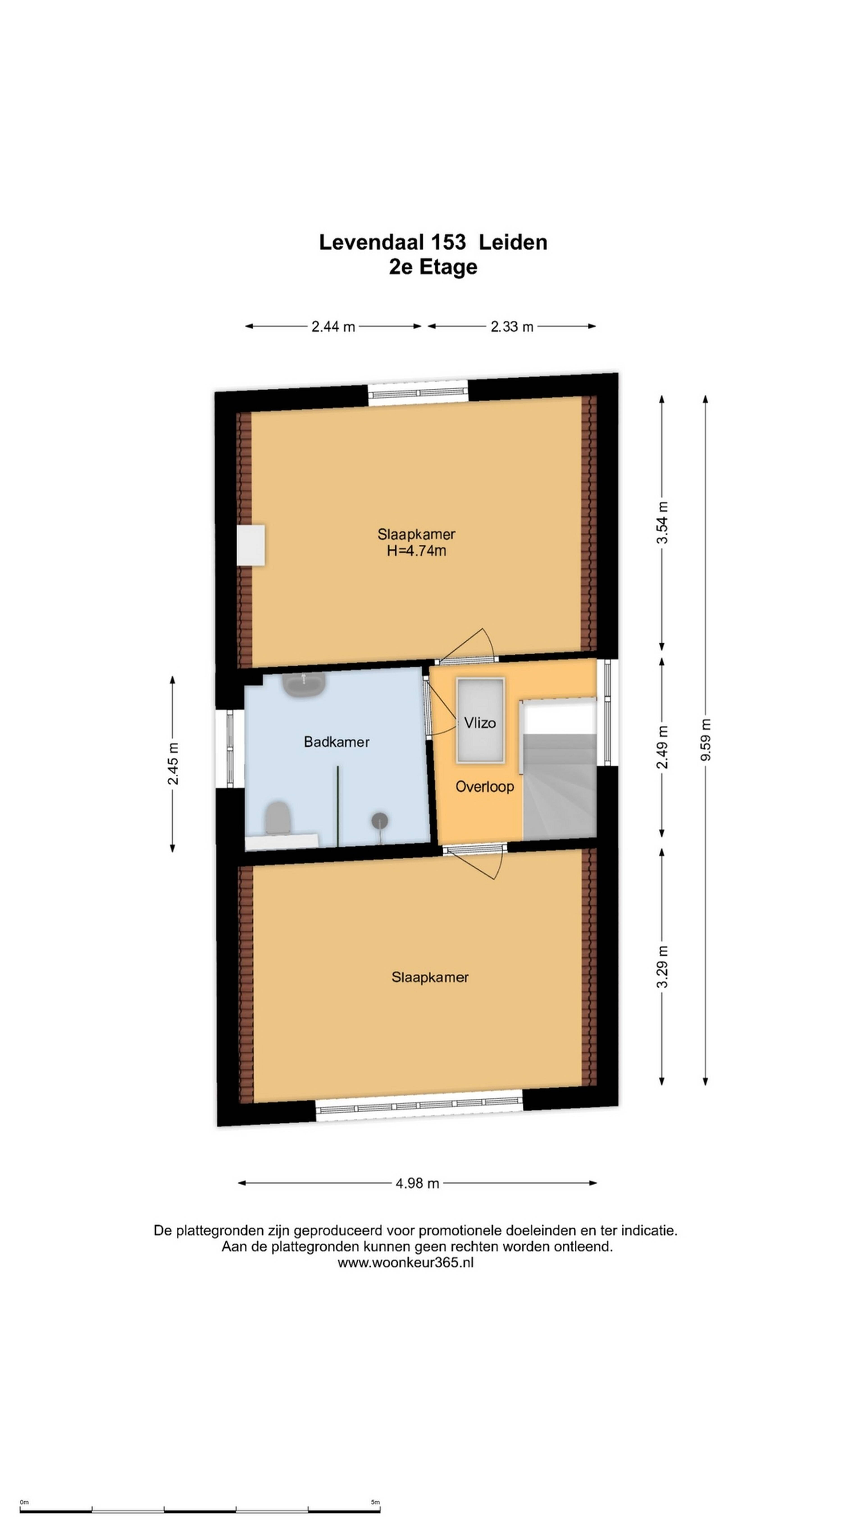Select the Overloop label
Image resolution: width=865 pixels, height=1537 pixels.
point(484,786)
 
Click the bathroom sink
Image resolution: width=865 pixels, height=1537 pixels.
point(304,684)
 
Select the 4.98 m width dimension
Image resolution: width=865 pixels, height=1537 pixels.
point(417,1183)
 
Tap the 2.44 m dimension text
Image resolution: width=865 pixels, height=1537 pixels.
point(333,326)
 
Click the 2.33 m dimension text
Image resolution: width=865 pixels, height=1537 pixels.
point(512,326)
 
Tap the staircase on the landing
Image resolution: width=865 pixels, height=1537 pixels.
point(559,770)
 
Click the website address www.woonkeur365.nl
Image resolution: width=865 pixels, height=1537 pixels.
point(405,1263)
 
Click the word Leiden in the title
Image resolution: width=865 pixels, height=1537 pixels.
point(513,242)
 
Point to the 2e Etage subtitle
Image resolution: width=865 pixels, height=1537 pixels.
point(433,267)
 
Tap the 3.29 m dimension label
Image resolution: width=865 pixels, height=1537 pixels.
point(662,967)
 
